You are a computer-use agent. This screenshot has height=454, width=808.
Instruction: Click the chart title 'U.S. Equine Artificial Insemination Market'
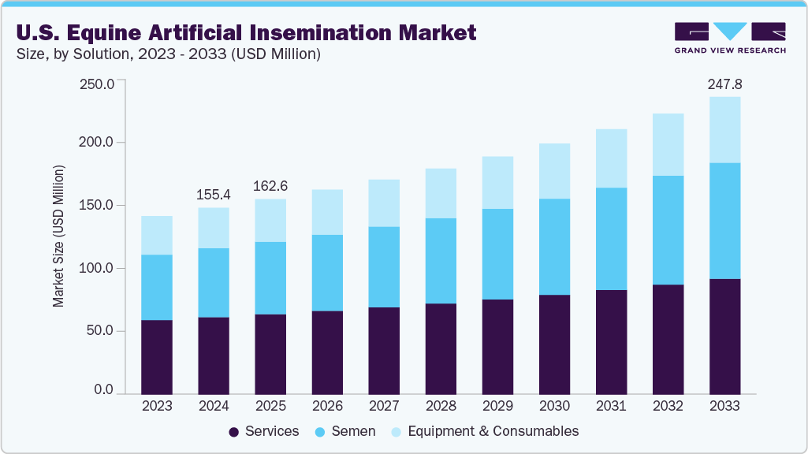246,32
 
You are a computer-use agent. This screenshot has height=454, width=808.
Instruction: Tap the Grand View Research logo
730,37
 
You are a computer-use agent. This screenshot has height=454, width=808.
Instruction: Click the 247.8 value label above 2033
724,84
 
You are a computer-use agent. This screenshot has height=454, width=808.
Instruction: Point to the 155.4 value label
214,195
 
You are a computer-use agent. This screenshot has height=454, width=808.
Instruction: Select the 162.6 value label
270,187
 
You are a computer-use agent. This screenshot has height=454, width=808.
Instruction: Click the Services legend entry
263,431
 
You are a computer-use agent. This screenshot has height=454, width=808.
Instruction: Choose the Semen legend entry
345,431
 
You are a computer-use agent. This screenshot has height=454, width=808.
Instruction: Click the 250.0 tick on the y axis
98,84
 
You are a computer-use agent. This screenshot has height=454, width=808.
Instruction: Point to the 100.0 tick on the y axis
98,269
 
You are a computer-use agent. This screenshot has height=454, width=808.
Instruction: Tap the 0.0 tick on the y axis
104,390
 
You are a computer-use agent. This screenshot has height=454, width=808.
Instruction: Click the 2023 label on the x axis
157,407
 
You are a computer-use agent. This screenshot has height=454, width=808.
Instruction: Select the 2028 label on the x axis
441,407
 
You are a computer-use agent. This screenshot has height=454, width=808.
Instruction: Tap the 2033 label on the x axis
724,407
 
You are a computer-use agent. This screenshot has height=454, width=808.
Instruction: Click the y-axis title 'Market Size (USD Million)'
58,236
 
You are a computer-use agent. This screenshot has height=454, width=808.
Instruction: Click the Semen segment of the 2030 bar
554,247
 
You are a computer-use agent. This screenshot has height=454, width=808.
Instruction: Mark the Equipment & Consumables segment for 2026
327,212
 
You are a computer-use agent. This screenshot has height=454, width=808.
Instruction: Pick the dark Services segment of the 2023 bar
157,356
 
